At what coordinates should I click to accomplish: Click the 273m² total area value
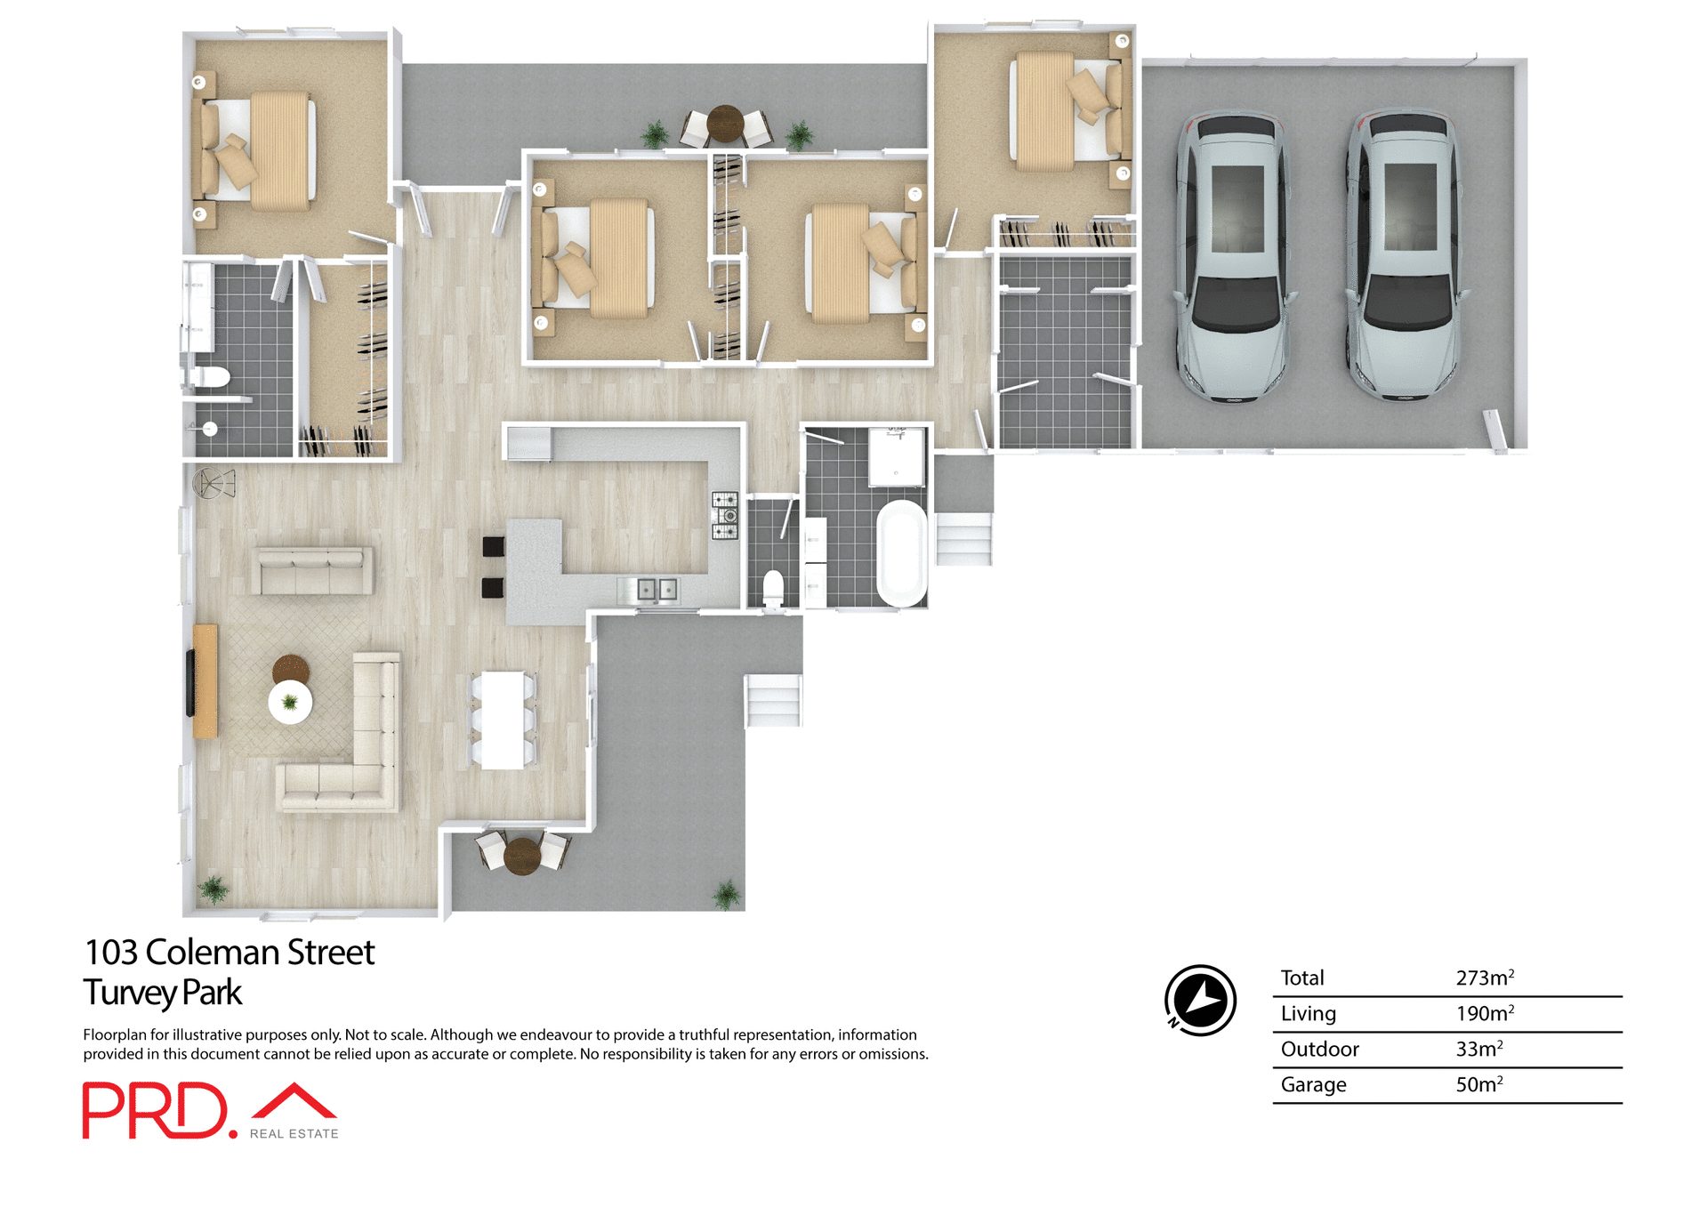pyautogui.click(x=1484, y=978)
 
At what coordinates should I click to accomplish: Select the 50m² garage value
pyautogui.click(x=1478, y=1084)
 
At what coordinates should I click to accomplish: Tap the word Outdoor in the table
pyautogui.click(x=1319, y=1049)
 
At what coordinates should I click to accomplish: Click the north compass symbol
pyautogui.click(x=1200, y=1000)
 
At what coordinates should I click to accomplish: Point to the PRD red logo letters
pyautogui.click(x=156, y=1110)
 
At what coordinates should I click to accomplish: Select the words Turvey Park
pyautogui.click(x=163, y=993)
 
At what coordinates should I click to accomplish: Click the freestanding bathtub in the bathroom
pyautogui.click(x=902, y=553)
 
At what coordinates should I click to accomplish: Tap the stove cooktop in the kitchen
pyautogui.click(x=724, y=516)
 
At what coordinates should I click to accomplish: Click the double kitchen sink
pyautogui.click(x=657, y=589)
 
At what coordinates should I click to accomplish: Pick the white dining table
pyautogui.click(x=503, y=720)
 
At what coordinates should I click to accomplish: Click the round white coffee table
pyautogui.click(x=290, y=702)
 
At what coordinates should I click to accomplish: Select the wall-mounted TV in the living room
pyautogui.click(x=189, y=682)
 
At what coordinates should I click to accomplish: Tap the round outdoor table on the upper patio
pyautogui.click(x=725, y=124)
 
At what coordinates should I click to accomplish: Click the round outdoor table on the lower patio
pyautogui.click(x=522, y=855)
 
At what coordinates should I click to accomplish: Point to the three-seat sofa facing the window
pyautogui.click(x=312, y=570)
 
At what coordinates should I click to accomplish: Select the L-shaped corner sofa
pyautogui.click(x=356, y=756)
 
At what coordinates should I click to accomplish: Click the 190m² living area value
pyautogui.click(x=1484, y=1013)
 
